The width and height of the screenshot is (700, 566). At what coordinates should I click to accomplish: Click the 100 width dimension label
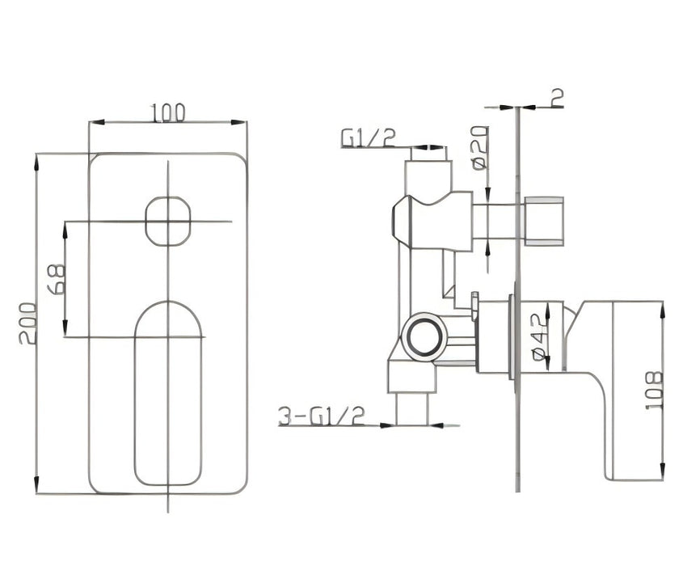pos(168,112)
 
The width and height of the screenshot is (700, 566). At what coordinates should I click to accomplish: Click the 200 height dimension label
pos(27,323)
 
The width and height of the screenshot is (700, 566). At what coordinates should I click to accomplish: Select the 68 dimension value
pos(56,279)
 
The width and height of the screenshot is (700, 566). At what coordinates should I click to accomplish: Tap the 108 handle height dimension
pos(653,390)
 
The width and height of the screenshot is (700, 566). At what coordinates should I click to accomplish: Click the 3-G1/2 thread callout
pos(322,416)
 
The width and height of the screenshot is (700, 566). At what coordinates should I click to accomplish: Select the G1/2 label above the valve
pos(368,139)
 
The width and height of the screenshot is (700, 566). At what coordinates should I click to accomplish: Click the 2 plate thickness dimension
pos(556,98)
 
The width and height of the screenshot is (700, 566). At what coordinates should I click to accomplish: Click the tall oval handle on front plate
pos(168,394)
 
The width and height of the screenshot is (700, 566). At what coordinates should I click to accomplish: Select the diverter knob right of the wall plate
pos(543,221)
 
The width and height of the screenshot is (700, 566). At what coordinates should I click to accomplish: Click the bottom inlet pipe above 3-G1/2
pos(411,408)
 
